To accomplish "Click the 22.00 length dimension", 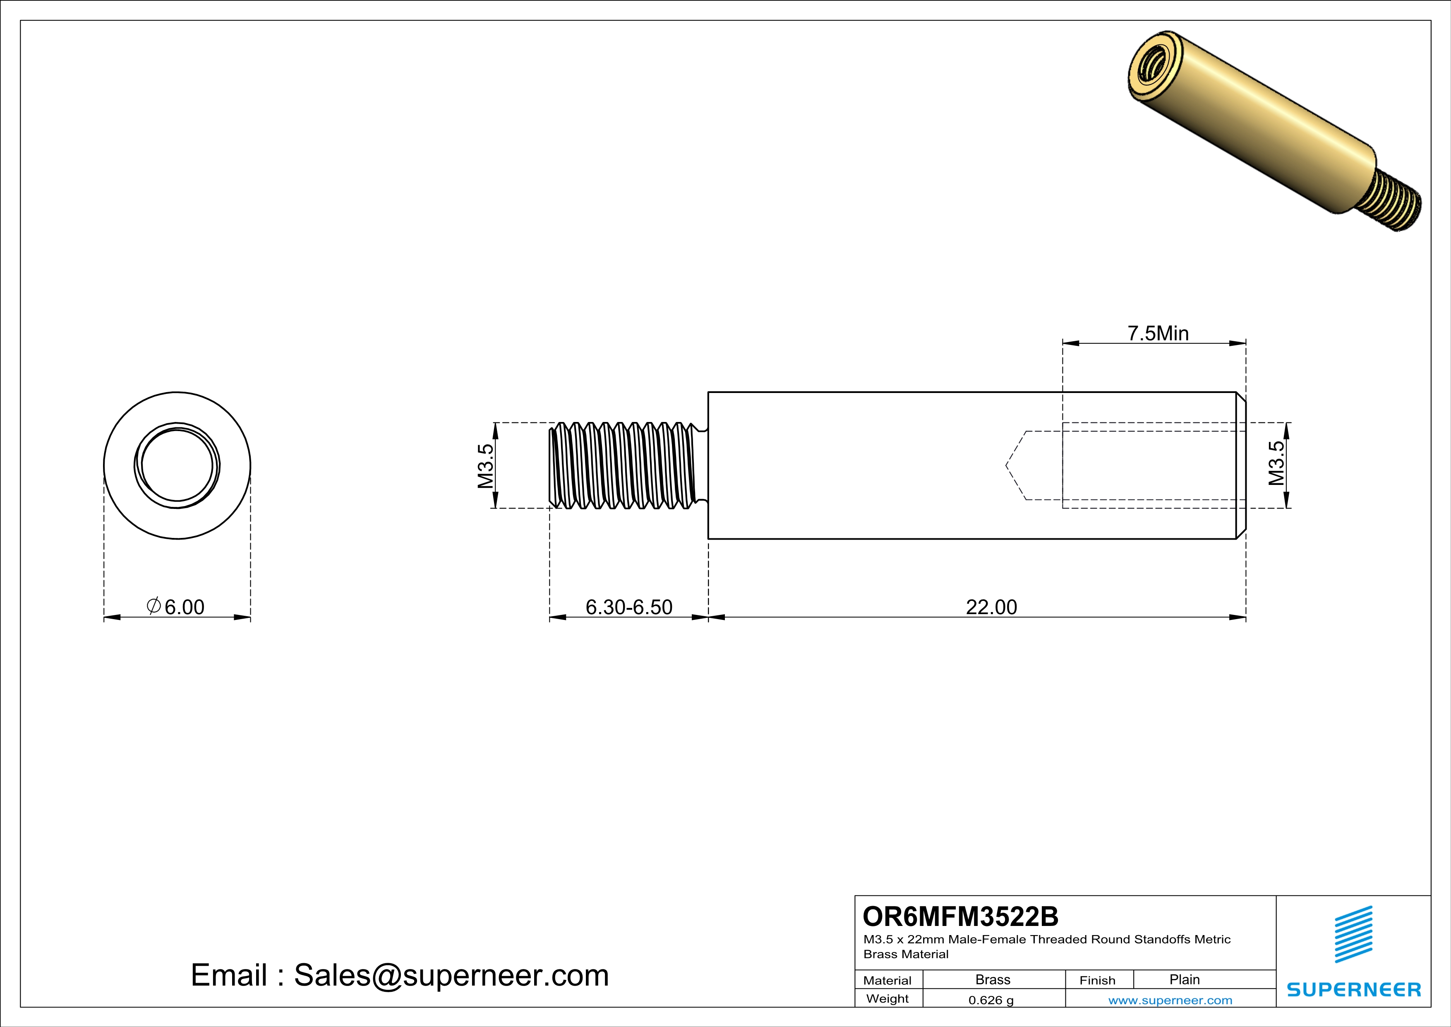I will tap(991, 607).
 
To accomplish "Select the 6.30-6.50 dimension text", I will tap(629, 607).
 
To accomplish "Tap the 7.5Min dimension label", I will tap(1158, 333).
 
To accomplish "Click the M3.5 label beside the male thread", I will tap(485, 466).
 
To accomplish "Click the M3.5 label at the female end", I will tap(1276, 463).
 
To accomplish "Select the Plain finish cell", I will tap(1184, 979).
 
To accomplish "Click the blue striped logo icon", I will tap(1353, 934).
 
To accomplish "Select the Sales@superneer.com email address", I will tap(451, 975).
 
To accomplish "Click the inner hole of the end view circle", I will tap(177, 465).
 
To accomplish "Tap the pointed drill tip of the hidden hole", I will tap(1009, 466).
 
